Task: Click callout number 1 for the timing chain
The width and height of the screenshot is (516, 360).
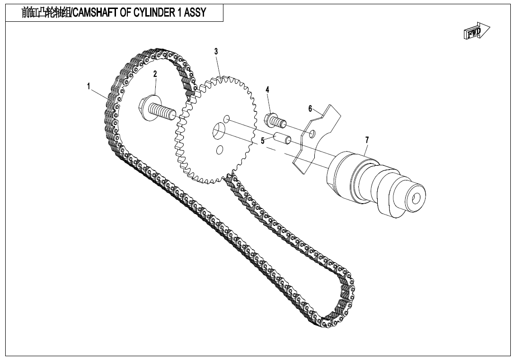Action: click(89, 86)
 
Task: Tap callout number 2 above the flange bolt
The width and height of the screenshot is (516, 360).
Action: click(155, 73)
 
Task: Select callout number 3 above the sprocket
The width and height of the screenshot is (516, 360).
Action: click(216, 51)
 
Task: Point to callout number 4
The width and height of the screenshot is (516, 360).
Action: click(267, 90)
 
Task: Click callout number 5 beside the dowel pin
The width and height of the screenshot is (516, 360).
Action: click(263, 141)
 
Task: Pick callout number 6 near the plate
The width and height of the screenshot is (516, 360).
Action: click(311, 108)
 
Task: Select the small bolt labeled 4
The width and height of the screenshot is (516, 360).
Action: click(276, 121)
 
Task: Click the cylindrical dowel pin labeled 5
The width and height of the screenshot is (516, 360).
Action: click(284, 140)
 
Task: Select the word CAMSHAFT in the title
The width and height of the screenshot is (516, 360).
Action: click(93, 13)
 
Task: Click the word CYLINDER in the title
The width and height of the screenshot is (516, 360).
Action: click(152, 13)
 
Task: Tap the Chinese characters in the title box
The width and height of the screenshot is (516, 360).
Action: click(45, 13)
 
